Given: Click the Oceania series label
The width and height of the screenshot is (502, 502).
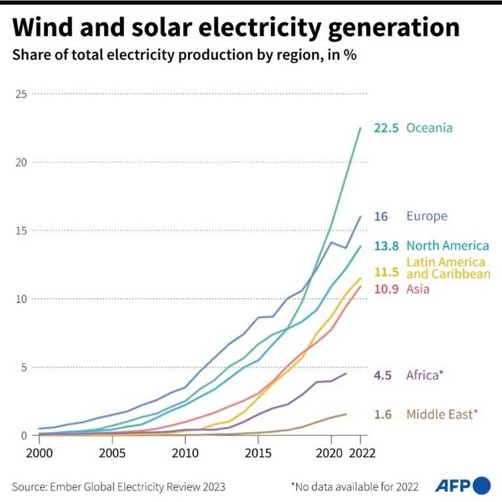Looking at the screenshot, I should coord(429,128).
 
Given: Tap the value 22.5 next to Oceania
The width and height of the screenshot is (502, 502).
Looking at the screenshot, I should coord(386,128).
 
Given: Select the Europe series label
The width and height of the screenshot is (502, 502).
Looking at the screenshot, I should coord(427,216).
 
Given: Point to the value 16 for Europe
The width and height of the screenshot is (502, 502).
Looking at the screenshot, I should coord(381,216).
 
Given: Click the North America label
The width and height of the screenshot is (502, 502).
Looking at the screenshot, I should coord(447,246).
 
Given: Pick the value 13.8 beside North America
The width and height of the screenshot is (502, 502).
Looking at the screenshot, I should coord(386,246).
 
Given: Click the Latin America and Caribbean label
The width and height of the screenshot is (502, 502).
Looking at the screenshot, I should coord(448,268).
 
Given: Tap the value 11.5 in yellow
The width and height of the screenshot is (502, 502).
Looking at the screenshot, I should coord(386,272).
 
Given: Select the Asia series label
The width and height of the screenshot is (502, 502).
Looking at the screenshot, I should coord(418,289).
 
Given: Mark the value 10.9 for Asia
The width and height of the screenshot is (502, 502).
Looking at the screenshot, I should coord(386,289).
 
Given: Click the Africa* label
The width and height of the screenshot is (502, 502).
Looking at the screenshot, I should coord(424,375).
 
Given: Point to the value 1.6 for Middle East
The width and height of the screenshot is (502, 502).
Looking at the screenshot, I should coord(383,414).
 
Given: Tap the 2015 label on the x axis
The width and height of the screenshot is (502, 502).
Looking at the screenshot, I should coord(258,453).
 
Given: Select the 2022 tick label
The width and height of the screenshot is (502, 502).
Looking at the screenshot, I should coord(362,453).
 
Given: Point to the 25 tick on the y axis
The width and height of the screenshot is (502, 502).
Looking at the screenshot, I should coord(22,94).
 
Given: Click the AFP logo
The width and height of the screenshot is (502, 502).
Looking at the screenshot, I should coord(462,485).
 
